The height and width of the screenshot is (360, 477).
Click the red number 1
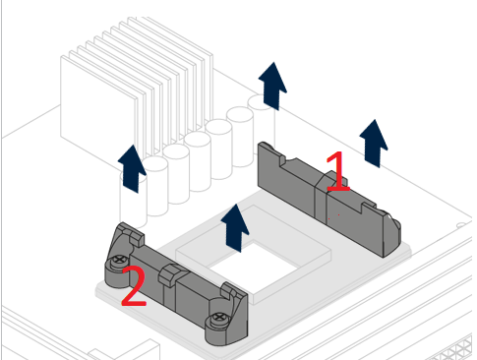338,171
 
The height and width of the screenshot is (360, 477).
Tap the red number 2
134,286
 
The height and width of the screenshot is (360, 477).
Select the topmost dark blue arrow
272,86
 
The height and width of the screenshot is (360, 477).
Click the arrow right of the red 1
374,144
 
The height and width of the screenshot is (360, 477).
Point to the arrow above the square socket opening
235,228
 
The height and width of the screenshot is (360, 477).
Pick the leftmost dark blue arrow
132,168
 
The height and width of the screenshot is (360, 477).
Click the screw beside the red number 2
119,261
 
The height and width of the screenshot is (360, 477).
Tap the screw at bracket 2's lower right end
219,319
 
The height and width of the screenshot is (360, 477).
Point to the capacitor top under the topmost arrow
259,101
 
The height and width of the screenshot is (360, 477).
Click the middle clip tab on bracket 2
170,274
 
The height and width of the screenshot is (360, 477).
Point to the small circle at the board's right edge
461,225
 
